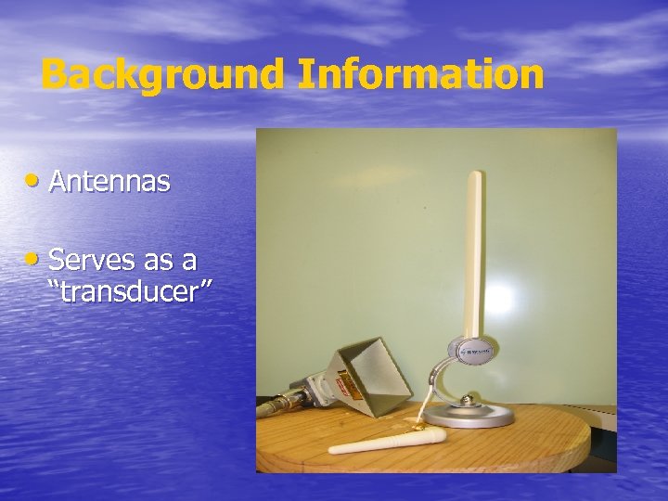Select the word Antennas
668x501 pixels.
pyautogui.click(x=109, y=182)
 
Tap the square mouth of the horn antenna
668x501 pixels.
pyautogui.click(x=376, y=372)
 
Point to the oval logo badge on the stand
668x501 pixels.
pyautogui.click(x=474, y=351)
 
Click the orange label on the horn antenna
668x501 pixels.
pyautogui.click(x=345, y=381)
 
